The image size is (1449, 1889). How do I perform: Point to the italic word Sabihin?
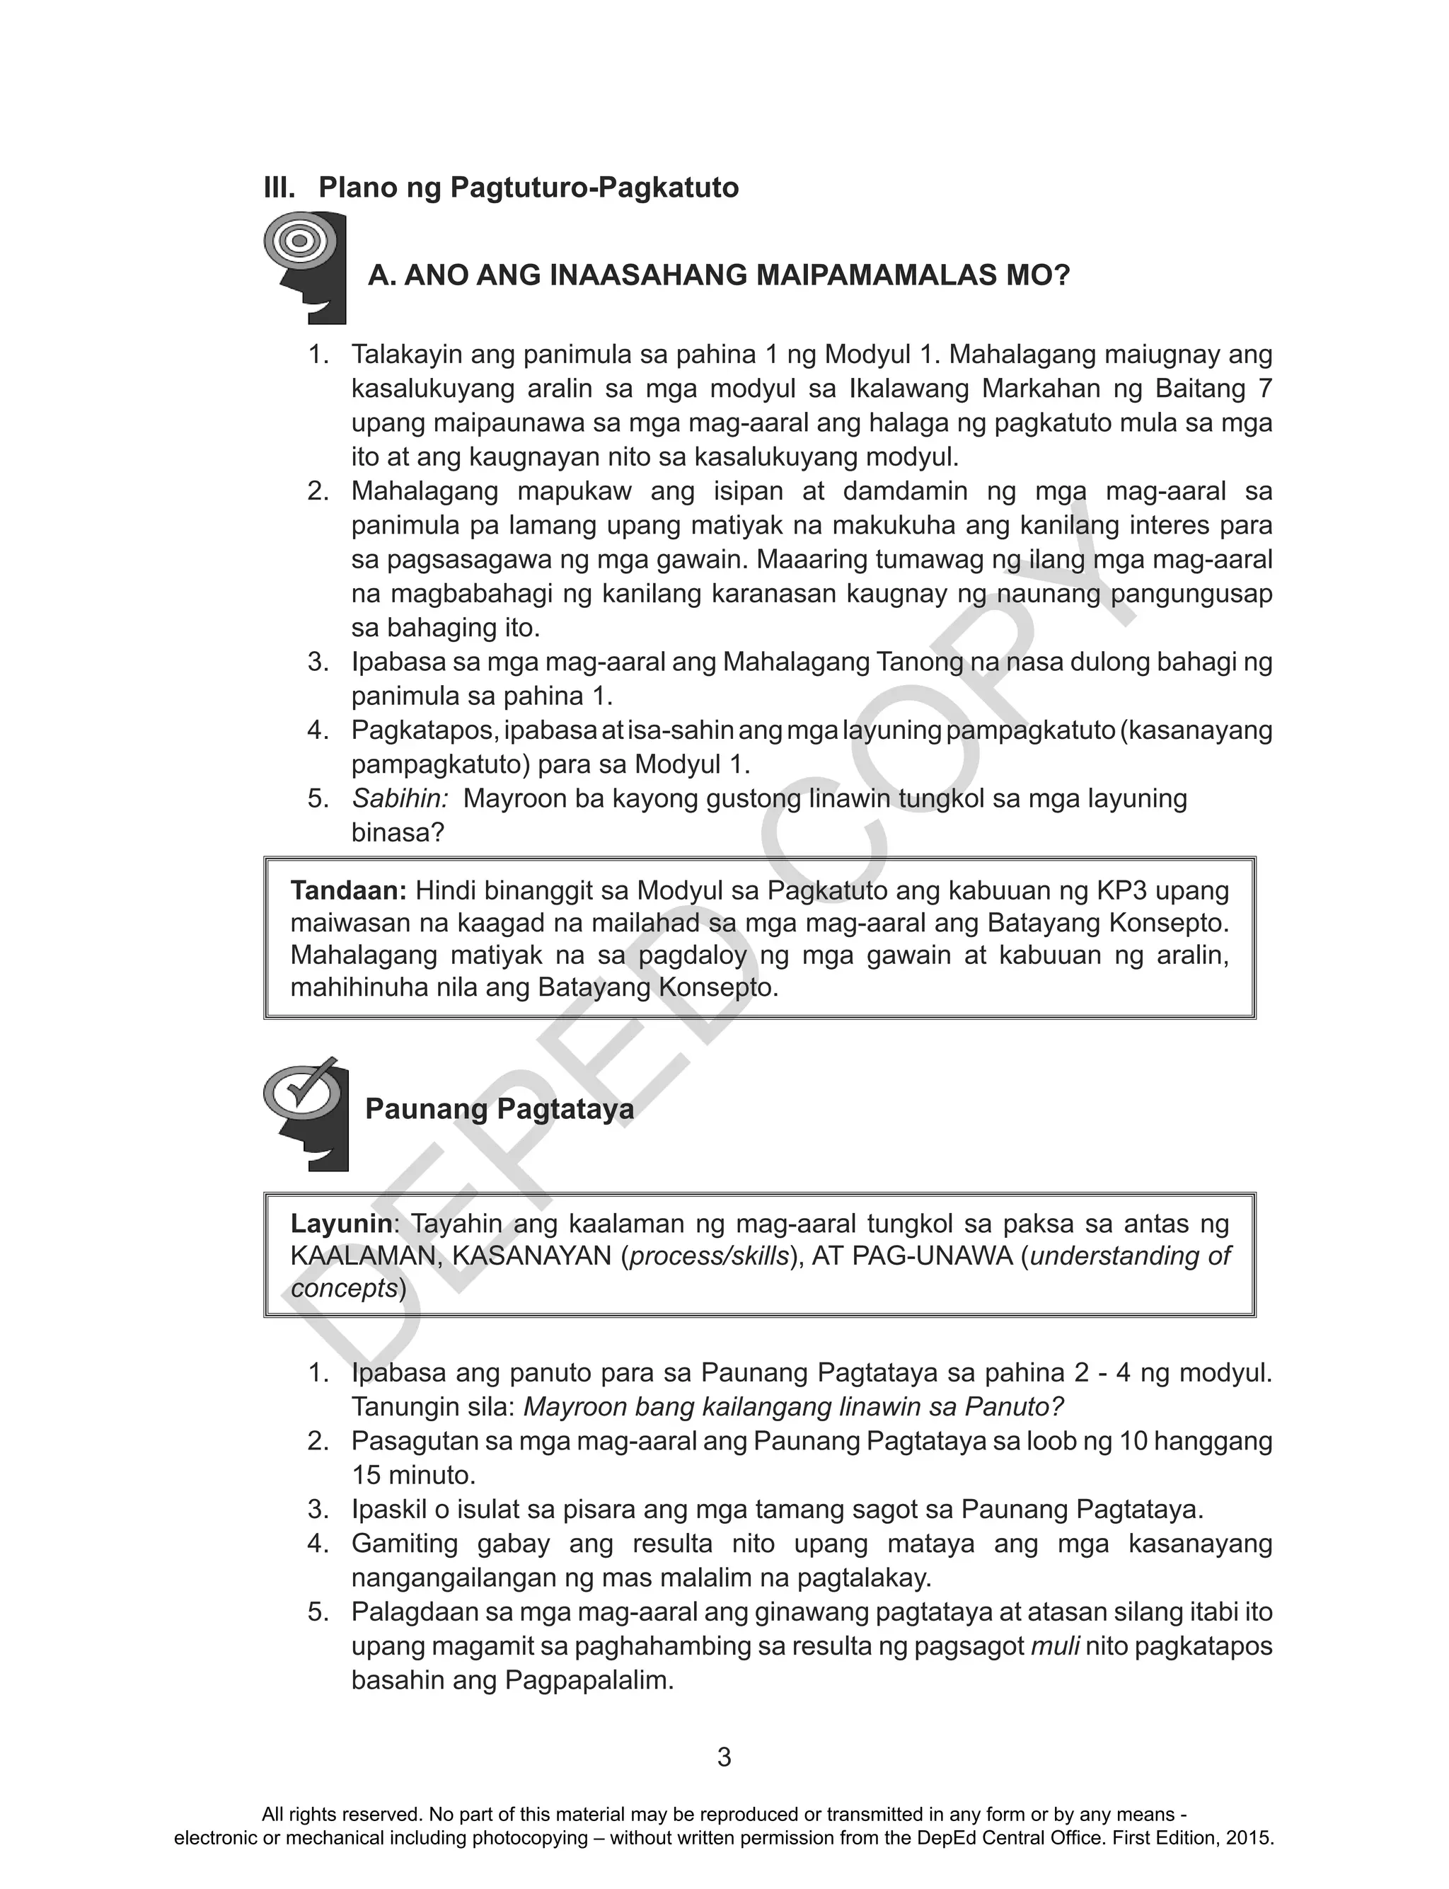click(x=399, y=799)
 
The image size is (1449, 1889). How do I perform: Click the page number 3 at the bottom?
click(x=724, y=1757)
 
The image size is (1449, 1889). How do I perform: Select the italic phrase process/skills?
click(x=709, y=1256)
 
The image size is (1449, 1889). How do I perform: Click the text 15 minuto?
click(x=412, y=1475)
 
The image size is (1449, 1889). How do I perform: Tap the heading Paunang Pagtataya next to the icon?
click(x=500, y=1109)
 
